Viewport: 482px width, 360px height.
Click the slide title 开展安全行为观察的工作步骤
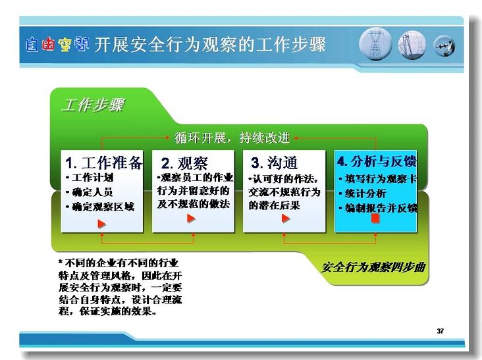tap(209, 45)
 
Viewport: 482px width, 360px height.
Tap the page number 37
tap(441, 331)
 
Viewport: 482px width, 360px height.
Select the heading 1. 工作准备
tap(104, 163)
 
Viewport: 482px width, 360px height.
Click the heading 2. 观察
tap(184, 163)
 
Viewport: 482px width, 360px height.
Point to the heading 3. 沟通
tap(274, 163)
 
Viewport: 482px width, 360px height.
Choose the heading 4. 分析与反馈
tap(377, 161)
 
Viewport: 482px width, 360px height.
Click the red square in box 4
tap(375, 219)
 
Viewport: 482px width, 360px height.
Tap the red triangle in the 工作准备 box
tap(102, 224)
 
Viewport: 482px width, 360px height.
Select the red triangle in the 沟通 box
tap(286, 219)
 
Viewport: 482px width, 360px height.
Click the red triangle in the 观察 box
tap(191, 219)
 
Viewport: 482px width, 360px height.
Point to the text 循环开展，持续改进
tap(232, 138)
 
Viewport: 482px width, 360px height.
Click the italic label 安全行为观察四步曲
tap(373, 267)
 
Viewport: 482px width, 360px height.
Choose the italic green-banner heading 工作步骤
tap(93, 105)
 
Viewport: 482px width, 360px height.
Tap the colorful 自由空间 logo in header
tap(57, 45)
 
